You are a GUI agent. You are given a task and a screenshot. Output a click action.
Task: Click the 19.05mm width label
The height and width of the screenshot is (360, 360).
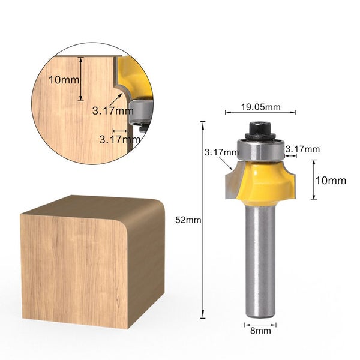tap(260, 107)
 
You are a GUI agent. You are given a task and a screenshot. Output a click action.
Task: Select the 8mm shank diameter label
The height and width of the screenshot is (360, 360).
tap(260, 329)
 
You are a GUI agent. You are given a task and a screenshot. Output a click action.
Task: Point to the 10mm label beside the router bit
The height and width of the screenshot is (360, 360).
tap(331, 180)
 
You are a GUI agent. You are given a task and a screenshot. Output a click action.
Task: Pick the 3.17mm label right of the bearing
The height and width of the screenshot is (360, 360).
tap(303, 149)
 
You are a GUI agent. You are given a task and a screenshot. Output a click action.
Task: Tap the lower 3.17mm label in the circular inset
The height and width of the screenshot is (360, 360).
tap(120, 139)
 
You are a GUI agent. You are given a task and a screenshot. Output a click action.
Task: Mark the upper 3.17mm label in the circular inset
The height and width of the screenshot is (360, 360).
tap(113, 110)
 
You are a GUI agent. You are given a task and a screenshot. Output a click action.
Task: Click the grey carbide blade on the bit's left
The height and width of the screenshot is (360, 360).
tap(231, 183)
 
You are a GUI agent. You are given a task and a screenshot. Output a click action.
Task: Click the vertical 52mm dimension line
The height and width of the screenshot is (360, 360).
tap(203, 220)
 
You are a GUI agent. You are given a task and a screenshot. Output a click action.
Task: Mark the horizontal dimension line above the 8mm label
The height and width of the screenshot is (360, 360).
tap(260, 322)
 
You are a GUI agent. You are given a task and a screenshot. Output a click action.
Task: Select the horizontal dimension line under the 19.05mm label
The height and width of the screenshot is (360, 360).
tap(260, 113)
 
